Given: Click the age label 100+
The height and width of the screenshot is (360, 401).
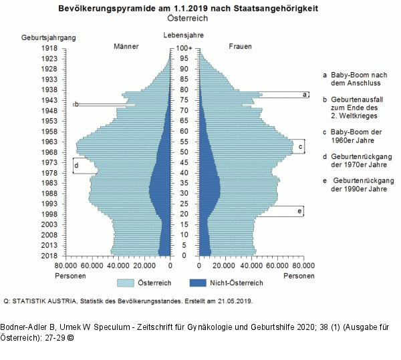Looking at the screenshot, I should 184,49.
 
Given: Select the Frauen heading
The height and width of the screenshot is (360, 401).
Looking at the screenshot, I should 241,46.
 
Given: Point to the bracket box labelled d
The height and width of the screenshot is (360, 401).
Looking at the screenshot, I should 84,166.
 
